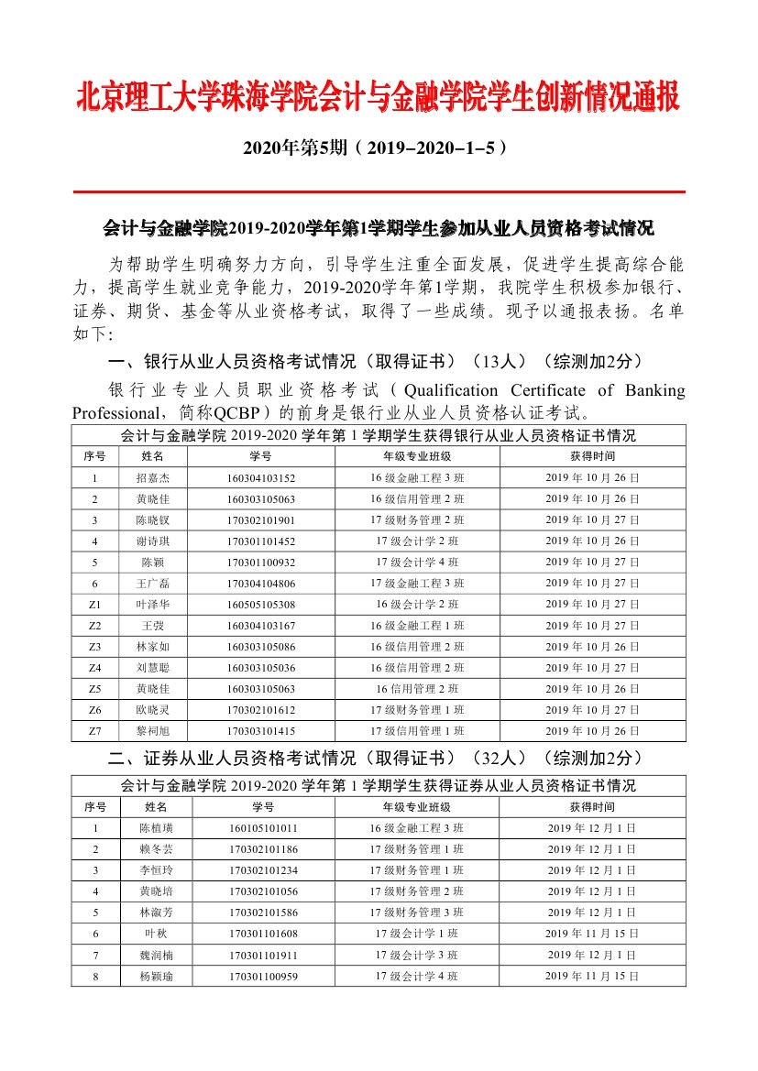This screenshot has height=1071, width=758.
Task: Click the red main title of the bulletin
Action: [x=378, y=97]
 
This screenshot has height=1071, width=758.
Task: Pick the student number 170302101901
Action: [x=261, y=520]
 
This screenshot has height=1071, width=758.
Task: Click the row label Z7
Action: [x=95, y=731]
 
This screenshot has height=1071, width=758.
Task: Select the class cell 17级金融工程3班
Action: [x=417, y=584]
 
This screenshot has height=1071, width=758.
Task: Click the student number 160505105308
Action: [x=261, y=605]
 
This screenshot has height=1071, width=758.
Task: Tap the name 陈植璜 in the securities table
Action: [x=156, y=828]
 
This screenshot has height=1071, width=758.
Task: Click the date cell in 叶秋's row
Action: [x=592, y=934]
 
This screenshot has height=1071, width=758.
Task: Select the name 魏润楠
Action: [x=156, y=955]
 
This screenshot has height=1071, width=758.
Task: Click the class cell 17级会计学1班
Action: [x=417, y=934]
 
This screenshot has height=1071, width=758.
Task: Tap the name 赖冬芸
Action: [x=156, y=849]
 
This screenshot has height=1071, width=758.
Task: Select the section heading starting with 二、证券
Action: [x=375, y=758]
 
